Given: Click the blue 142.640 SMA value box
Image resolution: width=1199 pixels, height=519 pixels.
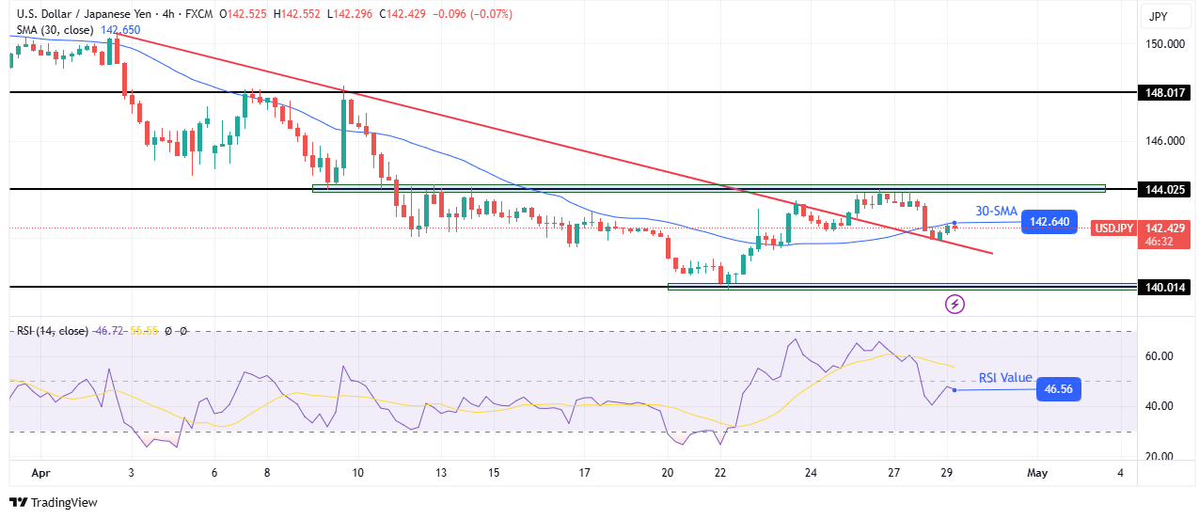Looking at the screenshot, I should pos(1049,223).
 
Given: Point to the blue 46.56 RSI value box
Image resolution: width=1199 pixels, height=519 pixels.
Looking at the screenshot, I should pos(1058,389).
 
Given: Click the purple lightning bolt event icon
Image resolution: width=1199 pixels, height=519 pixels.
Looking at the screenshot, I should pos(955,304).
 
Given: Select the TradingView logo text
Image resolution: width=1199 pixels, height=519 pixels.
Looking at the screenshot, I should pos(54,503).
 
